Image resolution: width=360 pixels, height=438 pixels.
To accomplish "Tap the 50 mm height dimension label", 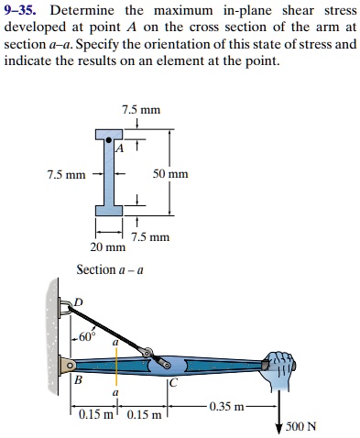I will [170, 173].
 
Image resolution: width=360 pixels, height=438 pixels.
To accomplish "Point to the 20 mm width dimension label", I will [108, 247].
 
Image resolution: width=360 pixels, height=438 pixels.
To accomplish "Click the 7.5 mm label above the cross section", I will [141, 110].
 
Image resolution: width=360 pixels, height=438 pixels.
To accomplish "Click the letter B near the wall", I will [78, 378].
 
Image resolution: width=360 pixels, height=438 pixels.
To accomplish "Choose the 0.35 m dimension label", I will [226, 406].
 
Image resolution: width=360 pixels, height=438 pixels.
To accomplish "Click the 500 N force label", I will [300, 426].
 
